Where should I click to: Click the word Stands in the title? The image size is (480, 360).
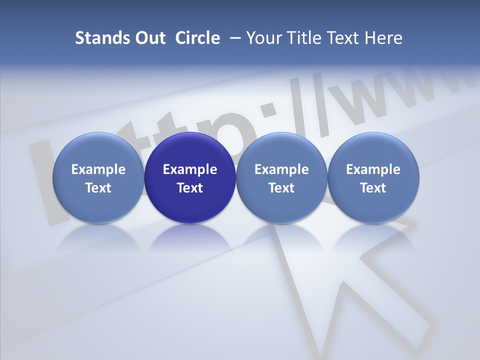[95, 38]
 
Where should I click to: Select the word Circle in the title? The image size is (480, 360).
[197, 38]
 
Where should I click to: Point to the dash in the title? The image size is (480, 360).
[233, 38]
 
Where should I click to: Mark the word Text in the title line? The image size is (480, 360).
[341, 38]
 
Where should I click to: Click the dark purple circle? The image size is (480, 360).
[190, 150]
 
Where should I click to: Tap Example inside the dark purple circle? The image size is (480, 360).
[190, 169]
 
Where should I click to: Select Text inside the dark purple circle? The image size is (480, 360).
[190, 188]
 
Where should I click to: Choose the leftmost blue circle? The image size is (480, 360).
[98, 150]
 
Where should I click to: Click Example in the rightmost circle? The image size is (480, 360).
[373, 169]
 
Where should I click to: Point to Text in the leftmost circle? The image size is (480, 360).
[98, 188]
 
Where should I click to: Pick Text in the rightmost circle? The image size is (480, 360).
[373, 188]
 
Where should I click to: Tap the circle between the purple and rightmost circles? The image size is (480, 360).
[281, 150]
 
